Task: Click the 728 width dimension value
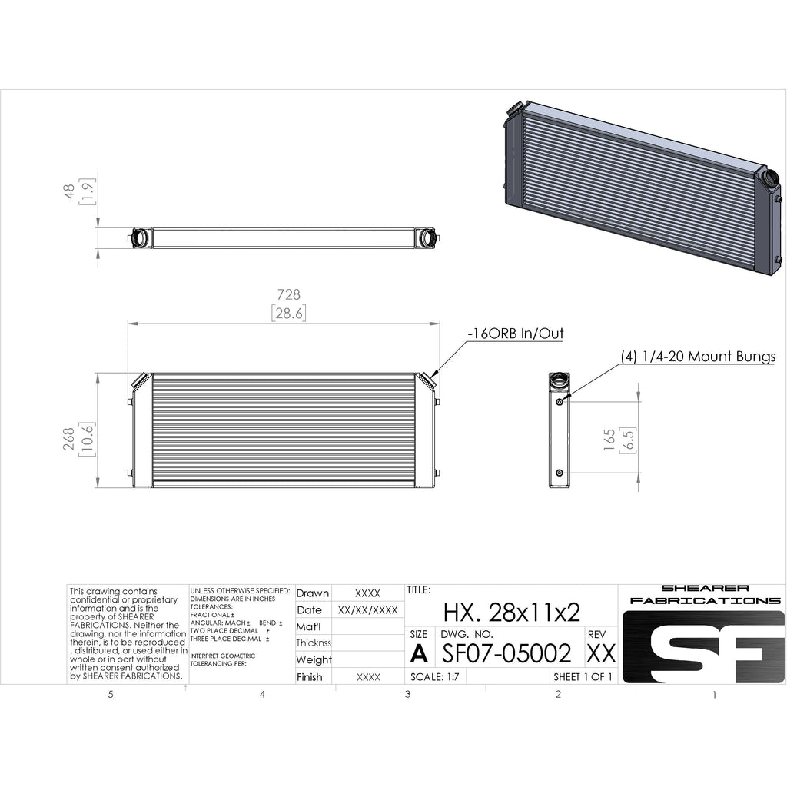coord(288,294)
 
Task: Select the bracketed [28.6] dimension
coord(288,313)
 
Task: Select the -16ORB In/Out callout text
coord(515,334)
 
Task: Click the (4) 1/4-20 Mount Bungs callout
coord(698,357)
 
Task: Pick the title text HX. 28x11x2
coord(512,612)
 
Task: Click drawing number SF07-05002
coord(507,653)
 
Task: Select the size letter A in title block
coord(419,653)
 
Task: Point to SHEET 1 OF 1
coord(583,677)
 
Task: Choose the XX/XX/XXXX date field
coord(368,610)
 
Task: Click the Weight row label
coord(314,659)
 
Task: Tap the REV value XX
coord(601,653)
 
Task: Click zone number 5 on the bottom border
coord(111,695)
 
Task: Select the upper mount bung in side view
coord(559,401)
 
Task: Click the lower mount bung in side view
coord(559,472)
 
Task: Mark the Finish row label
coord(310,677)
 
